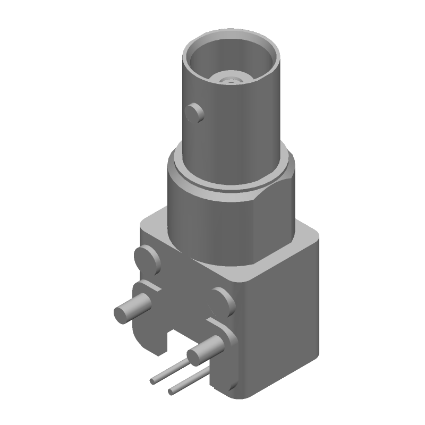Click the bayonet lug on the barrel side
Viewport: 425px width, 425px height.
(x=195, y=113)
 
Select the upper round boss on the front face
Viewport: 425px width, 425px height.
(x=148, y=260)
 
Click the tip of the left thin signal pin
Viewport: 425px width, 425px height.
(x=153, y=381)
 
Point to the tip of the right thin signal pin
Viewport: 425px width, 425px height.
(x=171, y=392)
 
